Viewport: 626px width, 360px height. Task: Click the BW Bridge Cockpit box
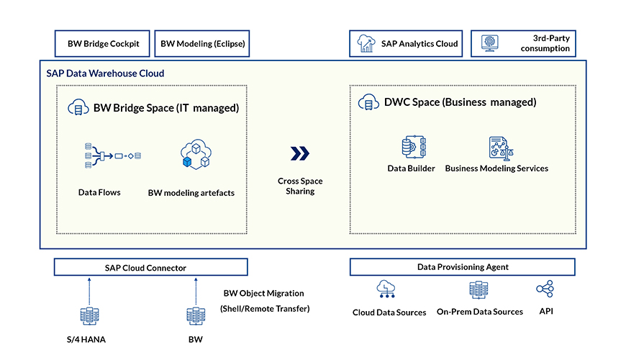click(x=103, y=44)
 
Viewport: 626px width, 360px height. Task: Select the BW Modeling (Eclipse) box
click(x=202, y=44)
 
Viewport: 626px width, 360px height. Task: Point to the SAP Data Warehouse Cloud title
click(x=105, y=73)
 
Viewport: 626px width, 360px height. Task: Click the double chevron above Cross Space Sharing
click(x=300, y=153)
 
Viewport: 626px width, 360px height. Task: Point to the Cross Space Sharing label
click(x=300, y=186)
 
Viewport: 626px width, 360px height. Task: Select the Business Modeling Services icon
click(x=496, y=148)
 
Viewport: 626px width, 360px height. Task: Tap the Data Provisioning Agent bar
click(x=462, y=267)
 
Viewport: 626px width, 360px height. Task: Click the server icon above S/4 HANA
click(x=90, y=317)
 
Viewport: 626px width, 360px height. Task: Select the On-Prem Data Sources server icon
click(x=478, y=289)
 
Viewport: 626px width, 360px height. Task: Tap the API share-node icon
click(x=545, y=289)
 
